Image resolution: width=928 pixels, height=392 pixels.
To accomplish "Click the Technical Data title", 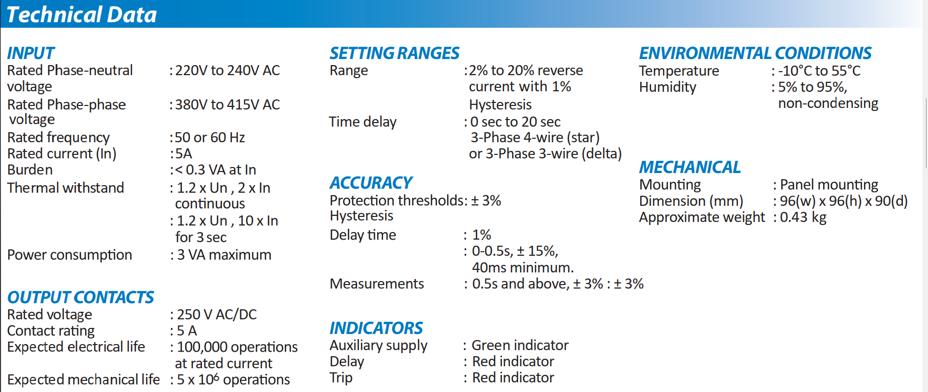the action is pyautogui.click(x=82, y=15).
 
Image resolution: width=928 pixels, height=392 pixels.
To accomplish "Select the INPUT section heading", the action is pyautogui.click(x=31, y=53).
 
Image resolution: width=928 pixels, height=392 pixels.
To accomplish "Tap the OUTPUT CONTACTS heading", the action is pyautogui.click(x=81, y=297).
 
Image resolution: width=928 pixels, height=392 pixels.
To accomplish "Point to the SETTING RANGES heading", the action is pyautogui.click(x=394, y=53).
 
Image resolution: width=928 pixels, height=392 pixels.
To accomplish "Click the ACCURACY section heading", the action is pyautogui.click(x=371, y=183).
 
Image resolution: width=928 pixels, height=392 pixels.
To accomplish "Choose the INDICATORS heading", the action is pyautogui.click(x=376, y=328).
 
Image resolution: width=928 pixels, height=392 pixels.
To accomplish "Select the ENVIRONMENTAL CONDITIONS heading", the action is pyautogui.click(x=755, y=53).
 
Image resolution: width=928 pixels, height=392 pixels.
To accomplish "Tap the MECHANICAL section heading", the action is pyautogui.click(x=690, y=167).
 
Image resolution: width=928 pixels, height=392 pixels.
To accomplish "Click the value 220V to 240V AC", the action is pyautogui.click(x=227, y=71).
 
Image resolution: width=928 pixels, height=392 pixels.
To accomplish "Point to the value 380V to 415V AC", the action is pyautogui.click(x=227, y=104).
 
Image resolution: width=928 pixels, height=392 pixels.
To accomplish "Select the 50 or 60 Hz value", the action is pyautogui.click(x=210, y=137).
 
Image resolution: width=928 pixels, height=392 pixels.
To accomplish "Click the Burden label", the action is pyautogui.click(x=30, y=170).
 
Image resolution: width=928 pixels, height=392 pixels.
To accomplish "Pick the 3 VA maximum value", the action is pyautogui.click(x=224, y=255).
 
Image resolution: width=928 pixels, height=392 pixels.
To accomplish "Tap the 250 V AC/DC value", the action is pyautogui.click(x=217, y=314).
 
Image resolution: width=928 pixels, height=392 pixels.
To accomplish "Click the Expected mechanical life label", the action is pyautogui.click(x=84, y=379).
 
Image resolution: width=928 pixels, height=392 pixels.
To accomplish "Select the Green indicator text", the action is pyautogui.click(x=520, y=345).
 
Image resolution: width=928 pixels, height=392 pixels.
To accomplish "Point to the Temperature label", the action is pyautogui.click(x=679, y=71).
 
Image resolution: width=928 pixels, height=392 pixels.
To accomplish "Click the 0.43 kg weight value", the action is pyautogui.click(x=803, y=217).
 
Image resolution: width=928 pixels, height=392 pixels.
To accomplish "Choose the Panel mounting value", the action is pyautogui.click(x=829, y=185).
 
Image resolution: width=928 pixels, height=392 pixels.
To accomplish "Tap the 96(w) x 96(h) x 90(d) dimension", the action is pyautogui.click(x=844, y=201).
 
